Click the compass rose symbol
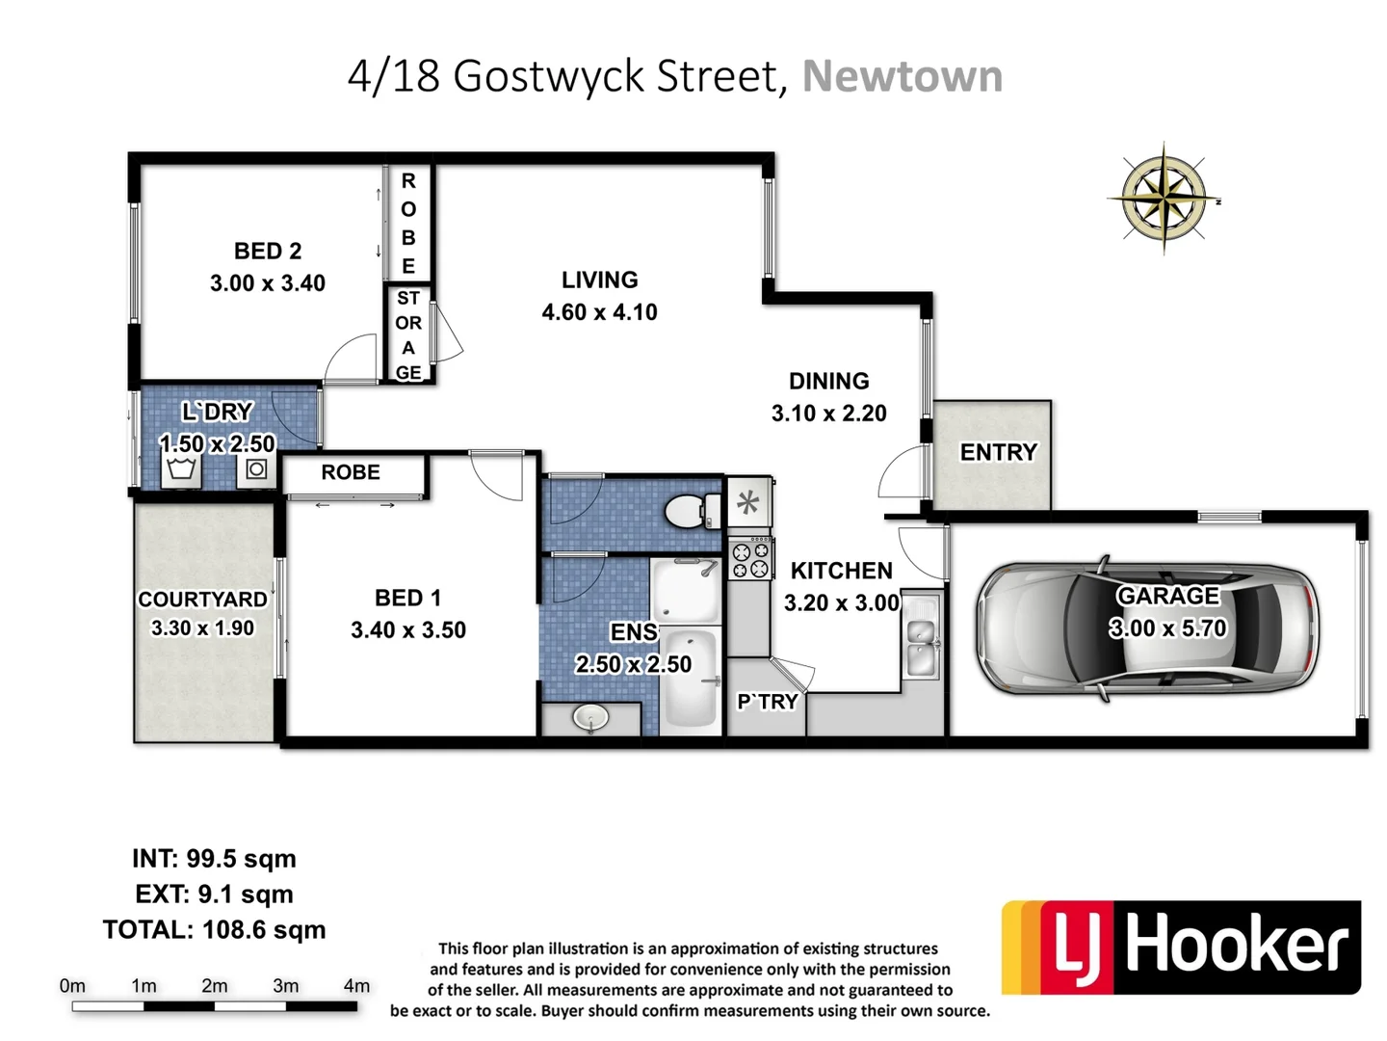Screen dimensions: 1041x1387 (1164, 199)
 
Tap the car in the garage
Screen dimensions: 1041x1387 (1147, 627)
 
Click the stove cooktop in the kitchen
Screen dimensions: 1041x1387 (750, 559)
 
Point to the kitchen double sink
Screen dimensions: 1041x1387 (922, 645)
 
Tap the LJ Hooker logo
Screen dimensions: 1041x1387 (1182, 947)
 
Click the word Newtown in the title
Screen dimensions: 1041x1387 (903, 76)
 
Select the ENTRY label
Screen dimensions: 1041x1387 (998, 452)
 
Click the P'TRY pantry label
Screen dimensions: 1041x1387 (767, 702)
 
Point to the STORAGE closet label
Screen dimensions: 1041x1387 (408, 334)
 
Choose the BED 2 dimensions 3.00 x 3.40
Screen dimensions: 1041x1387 (268, 283)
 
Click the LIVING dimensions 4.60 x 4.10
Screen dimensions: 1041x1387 (599, 312)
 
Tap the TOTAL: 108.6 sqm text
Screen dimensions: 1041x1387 (214, 930)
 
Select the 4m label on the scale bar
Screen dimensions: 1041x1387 (356, 986)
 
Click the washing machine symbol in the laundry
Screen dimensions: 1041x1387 (256, 469)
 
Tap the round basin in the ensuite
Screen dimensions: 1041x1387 (589, 717)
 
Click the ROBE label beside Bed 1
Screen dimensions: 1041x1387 (351, 472)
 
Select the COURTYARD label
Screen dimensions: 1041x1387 (202, 600)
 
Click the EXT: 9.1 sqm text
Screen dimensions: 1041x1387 (214, 894)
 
